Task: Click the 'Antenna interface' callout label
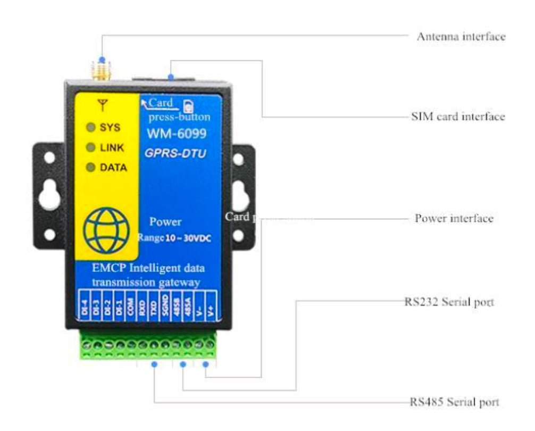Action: point(461,37)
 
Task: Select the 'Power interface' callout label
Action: point(454,219)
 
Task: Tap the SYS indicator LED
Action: point(90,128)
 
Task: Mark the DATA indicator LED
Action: point(90,167)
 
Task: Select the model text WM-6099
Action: point(177,134)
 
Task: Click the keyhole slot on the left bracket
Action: point(49,195)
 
